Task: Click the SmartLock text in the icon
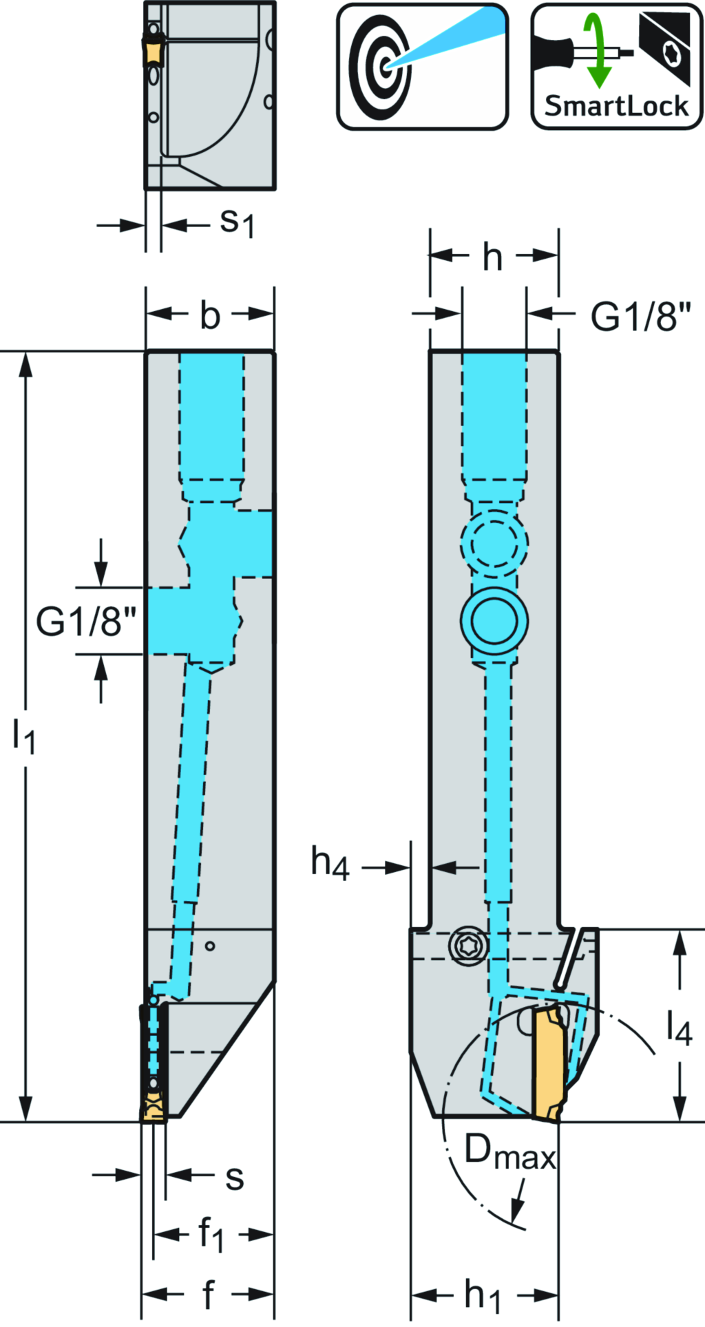coord(616,106)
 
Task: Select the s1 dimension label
coord(237,222)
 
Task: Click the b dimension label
coord(210,315)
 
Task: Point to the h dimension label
coord(492,257)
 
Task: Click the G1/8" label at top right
coord(640,317)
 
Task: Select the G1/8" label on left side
coord(87,622)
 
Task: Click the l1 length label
coord(24,736)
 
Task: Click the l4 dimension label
coord(679,1028)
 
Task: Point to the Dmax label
coord(509,1152)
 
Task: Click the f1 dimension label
coord(211,1234)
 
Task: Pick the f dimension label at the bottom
coord(208,1295)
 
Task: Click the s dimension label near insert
coord(235,1178)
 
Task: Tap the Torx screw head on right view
coord(469,946)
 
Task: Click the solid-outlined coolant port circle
coord(494,621)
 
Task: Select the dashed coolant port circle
coord(494,544)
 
